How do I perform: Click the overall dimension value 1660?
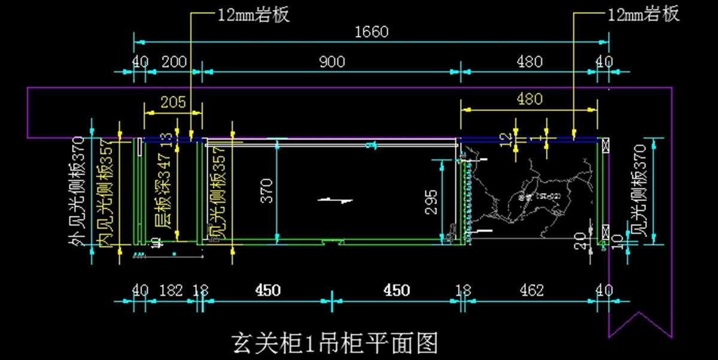point(372,32)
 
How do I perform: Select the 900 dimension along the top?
point(331,62)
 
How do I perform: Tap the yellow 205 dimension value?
point(174,102)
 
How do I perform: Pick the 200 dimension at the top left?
point(174,62)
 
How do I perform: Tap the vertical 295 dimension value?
point(434,202)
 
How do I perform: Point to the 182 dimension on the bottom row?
point(171,291)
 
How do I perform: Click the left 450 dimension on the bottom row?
point(267,291)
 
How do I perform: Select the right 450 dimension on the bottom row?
point(397,291)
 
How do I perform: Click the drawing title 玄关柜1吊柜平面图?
point(334,343)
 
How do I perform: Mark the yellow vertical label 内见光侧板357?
point(106,193)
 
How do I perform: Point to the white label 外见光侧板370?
point(77,197)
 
